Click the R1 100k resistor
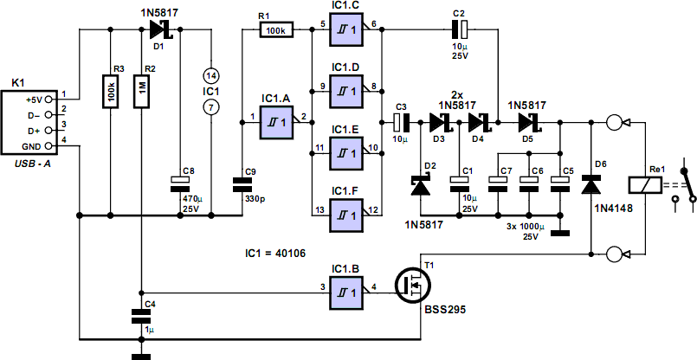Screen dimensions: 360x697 277,30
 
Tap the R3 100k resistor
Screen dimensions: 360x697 110,90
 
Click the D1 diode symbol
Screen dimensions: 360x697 158,30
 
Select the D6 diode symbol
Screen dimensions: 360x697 591,184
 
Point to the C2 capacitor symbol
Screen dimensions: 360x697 459,30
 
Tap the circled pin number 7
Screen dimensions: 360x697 210,107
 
